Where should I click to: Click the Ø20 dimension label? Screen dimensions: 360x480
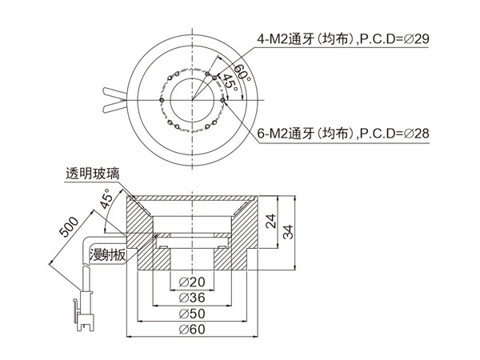193,282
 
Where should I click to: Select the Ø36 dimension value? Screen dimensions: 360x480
193,298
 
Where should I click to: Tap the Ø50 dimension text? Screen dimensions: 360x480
193,313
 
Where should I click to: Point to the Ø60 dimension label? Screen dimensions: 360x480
193,329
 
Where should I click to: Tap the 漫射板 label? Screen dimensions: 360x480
106,255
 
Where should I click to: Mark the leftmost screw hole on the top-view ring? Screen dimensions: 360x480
161,99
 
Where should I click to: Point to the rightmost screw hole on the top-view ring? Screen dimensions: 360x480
223,99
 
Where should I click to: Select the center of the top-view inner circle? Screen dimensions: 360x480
192,99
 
